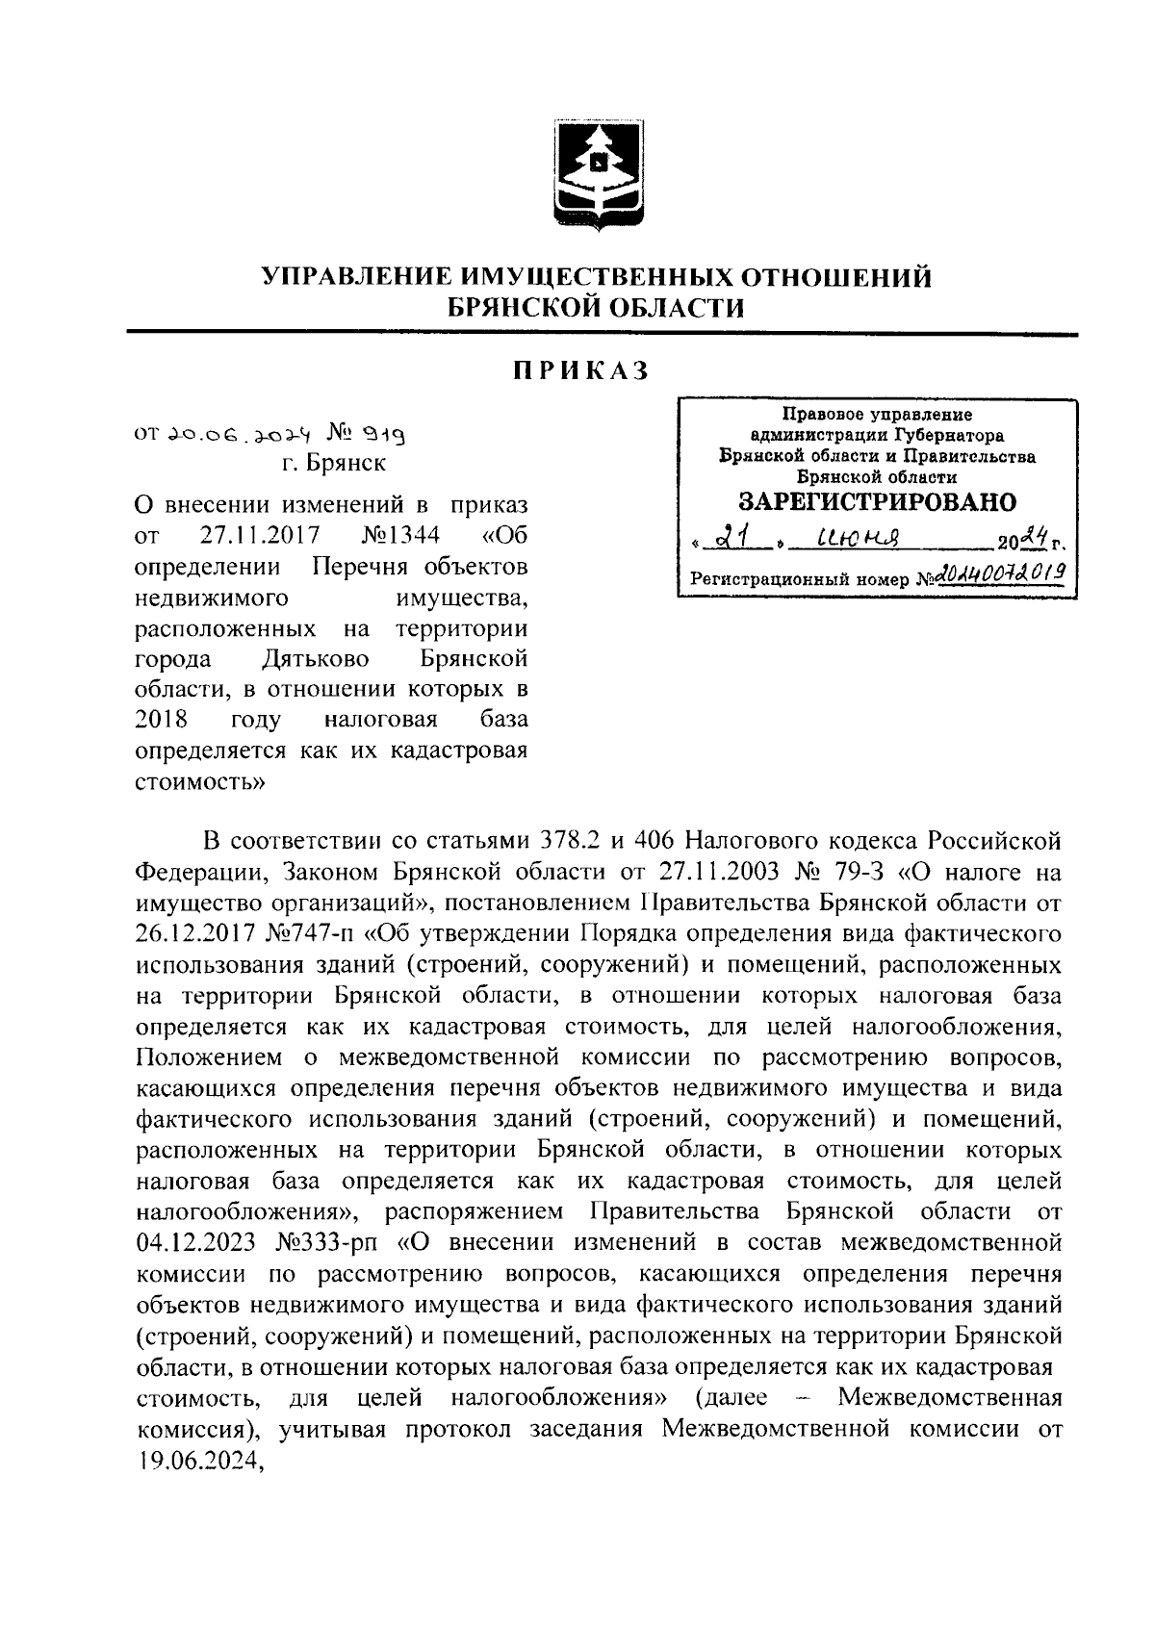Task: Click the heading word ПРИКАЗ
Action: point(579,370)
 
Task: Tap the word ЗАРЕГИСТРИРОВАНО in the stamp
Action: point(877,502)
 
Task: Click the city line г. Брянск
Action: point(334,463)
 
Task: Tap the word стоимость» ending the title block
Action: point(199,781)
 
